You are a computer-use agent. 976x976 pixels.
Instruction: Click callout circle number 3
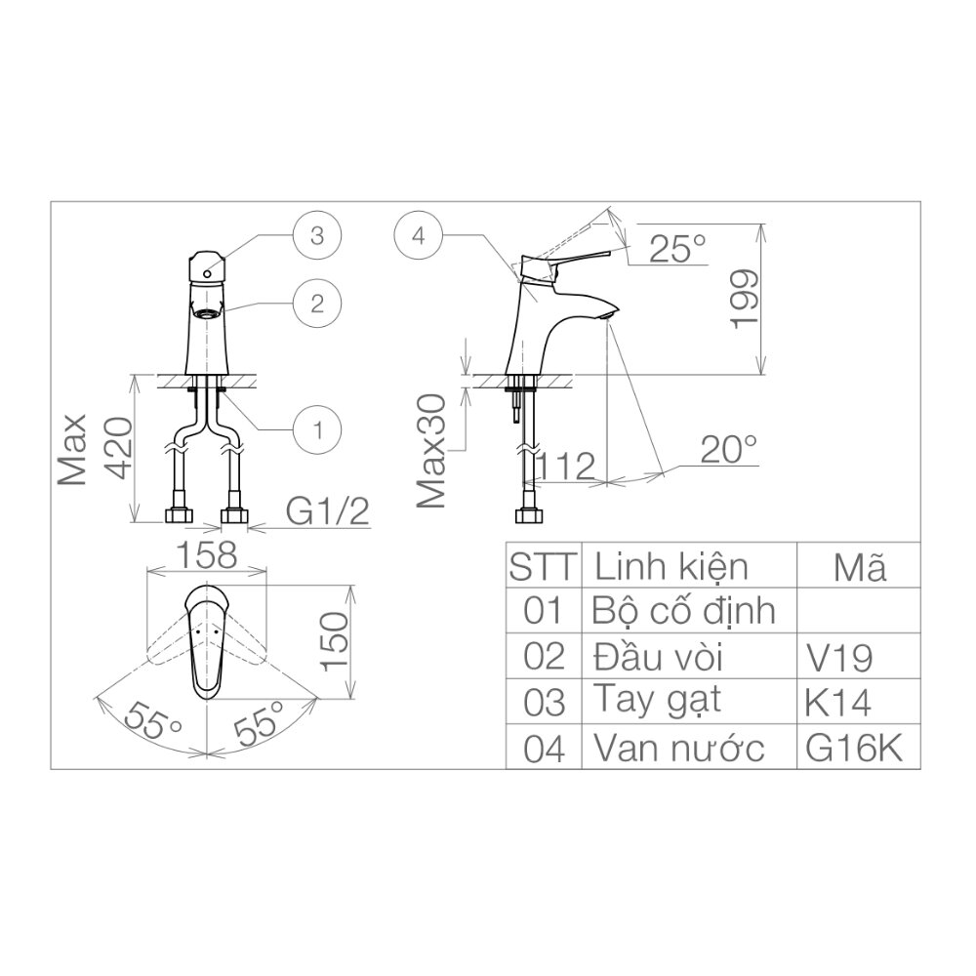317,235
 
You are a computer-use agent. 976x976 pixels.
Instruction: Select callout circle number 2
317,303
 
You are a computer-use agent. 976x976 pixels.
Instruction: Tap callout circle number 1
317,427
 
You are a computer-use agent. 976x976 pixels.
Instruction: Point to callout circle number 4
419,235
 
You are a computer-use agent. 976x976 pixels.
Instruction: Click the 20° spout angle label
729,450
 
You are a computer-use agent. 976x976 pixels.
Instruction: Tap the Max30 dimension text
431,450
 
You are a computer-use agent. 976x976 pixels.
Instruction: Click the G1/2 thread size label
328,510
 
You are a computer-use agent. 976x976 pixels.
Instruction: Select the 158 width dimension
206,554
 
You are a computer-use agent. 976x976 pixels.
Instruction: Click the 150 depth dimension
335,641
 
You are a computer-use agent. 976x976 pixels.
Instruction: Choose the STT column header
544,566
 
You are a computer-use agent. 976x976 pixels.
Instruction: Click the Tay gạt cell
657,701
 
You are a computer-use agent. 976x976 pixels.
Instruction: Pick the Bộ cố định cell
683,611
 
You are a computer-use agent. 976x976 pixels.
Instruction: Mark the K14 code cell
839,702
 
